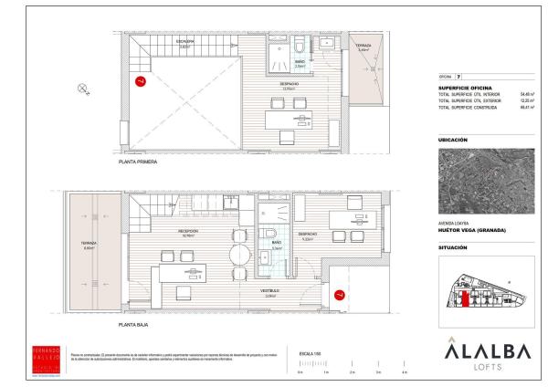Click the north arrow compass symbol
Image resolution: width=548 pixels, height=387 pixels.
pos(83,89)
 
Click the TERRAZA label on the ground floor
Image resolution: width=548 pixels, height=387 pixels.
pos(89,243)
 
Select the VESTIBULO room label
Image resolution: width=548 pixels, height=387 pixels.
pos(270,291)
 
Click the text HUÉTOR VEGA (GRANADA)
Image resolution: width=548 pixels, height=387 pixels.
pos(472,230)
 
